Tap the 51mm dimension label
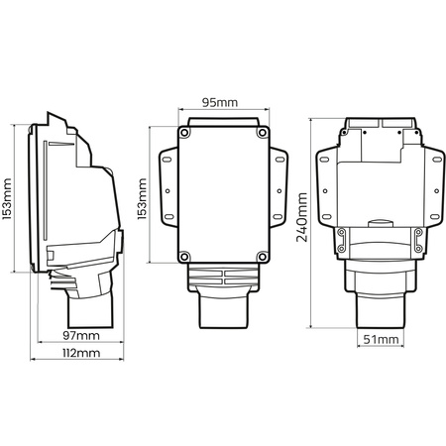click(381, 340)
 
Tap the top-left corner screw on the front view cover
click(184, 132)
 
